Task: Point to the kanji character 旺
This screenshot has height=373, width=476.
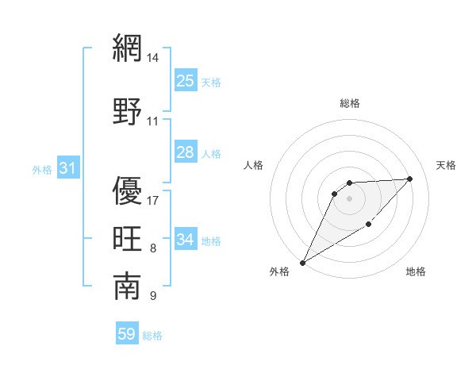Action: tap(127, 239)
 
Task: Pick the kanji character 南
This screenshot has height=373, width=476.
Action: tap(127, 286)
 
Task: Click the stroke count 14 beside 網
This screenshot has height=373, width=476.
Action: tap(153, 58)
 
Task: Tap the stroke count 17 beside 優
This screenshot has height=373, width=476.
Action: tap(153, 200)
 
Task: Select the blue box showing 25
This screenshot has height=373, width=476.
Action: tap(185, 80)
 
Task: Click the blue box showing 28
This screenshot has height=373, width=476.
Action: tap(185, 152)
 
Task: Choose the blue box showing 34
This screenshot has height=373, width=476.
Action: tap(185, 240)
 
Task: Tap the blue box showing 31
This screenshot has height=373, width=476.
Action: tap(67, 168)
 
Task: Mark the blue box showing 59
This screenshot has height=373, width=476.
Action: tap(126, 334)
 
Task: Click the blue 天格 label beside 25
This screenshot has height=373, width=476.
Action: tap(211, 82)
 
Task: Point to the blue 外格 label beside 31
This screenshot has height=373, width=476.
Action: tap(42, 170)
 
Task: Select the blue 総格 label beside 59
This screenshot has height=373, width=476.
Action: tap(152, 336)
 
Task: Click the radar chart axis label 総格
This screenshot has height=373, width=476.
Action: tap(349, 103)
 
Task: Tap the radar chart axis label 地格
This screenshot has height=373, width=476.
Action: tap(416, 271)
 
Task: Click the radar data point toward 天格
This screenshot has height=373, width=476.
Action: tap(410, 179)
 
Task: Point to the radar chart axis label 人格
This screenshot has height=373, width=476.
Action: tap(254, 165)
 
